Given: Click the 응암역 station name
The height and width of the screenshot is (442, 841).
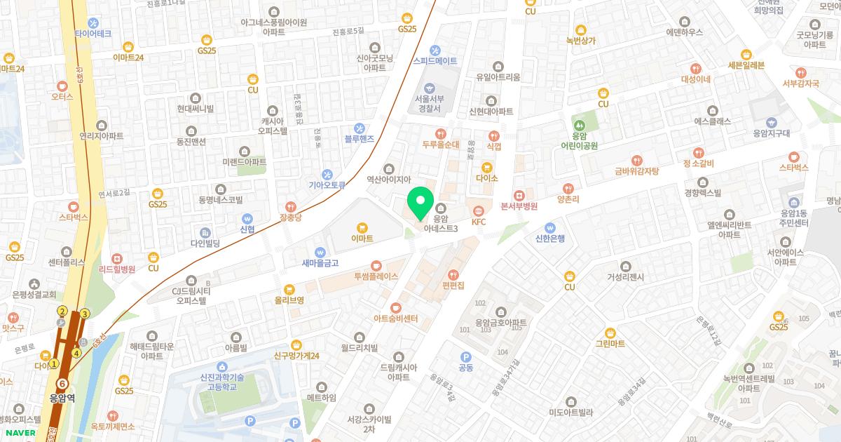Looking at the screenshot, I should pyautogui.click(x=63, y=398).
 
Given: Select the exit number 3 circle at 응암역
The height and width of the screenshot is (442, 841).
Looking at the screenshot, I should pyautogui.click(x=86, y=314).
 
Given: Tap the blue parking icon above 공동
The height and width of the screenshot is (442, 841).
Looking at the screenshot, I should pyautogui.click(x=465, y=357).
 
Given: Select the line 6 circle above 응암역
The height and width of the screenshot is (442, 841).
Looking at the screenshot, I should pyautogui.click(x=63, y=384).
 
